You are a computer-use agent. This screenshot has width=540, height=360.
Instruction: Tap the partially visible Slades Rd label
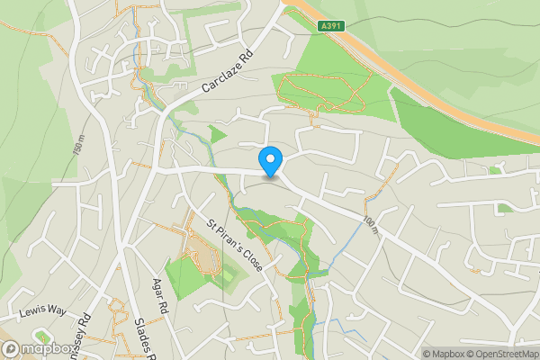(141, 337)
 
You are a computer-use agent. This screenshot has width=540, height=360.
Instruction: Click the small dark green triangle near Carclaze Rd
(216, 136)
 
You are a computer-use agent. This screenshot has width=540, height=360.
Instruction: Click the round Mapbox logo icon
(11, 349)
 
